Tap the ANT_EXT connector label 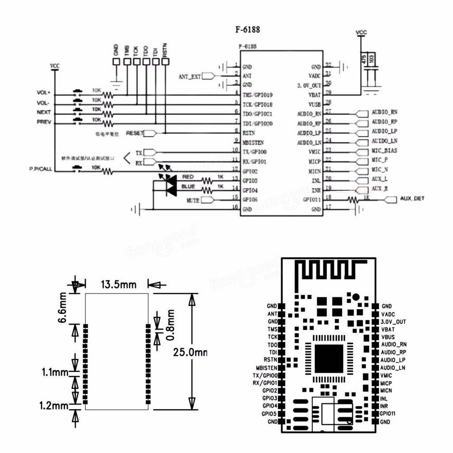click(x=189, y=76)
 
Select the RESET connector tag click(x=135, y=133)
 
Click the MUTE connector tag click(x=192, y=200)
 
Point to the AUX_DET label click(x=412, y=199)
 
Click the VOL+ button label click(x=44, y=93)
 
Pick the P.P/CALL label click(x=41, y=169)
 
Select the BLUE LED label click(x=188, y=187)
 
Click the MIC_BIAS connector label click(x=384, y=151)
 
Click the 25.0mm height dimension click(x=189, y=353)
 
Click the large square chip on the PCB click(x=328, y=358)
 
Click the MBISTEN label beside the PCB click(x=266, y=368)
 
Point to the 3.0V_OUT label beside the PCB click(x=393, y=322)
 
